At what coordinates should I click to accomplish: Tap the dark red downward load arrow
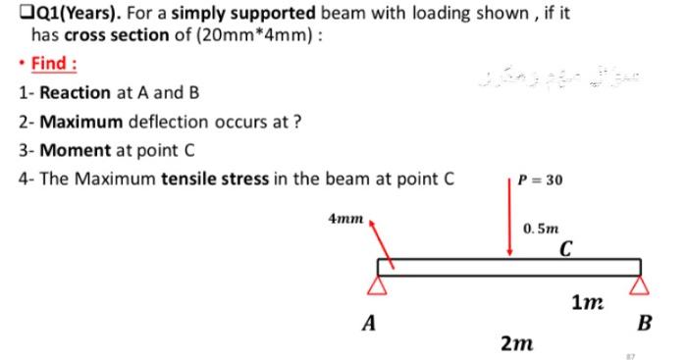tap(510, 221)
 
